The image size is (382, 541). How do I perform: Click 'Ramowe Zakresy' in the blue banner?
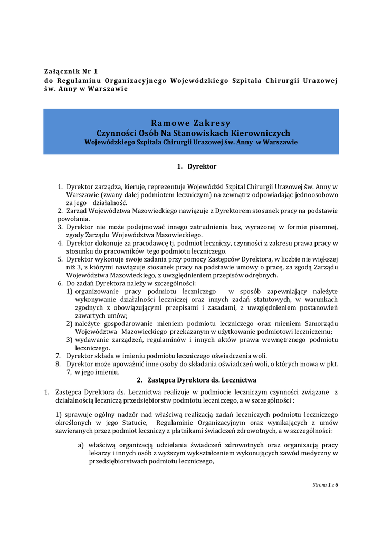191,124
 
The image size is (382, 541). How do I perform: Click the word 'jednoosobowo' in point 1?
315,194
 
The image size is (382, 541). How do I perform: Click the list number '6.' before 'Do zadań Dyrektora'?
60,283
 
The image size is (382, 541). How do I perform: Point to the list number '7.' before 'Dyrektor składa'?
59,356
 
